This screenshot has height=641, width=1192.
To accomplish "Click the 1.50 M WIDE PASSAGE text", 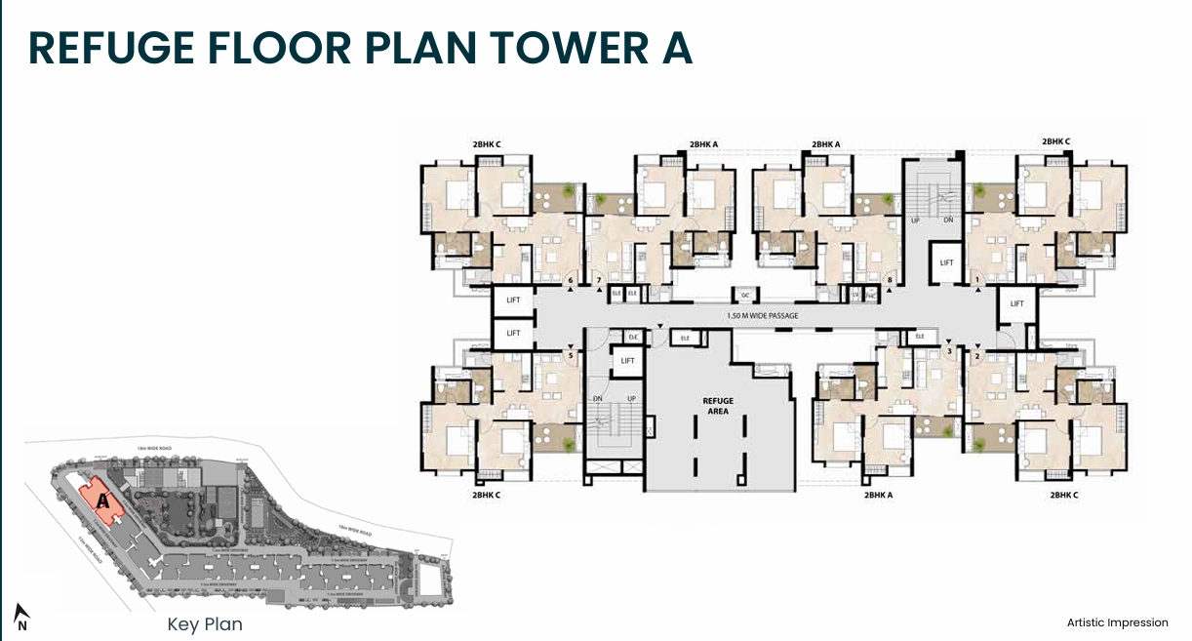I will pyautogui.click(x=762, y=316).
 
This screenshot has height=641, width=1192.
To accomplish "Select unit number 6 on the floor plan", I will pyautogui.click(x=570, y=281).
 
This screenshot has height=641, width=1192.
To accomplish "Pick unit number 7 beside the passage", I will pyautogui.click(x=598, y=281).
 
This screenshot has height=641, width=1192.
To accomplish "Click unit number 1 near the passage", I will pyautogui.click(x=976, y=281).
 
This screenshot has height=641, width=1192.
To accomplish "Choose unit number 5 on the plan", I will pyautogui.click(x=570, y=355).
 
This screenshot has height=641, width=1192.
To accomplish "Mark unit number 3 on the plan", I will pyautogui.click(x=949, y=351).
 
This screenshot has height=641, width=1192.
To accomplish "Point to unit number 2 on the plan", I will pyautogui.click(x=976, y=355).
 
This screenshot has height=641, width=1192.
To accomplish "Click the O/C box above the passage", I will pyautogui.click(x=744, y=294).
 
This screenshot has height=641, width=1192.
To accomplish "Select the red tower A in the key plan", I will pyautogui.click(x=101, y=500).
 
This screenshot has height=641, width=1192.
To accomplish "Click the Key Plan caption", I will pyautogui.click(x=205, y=624).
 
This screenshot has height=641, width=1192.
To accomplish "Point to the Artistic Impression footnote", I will pyautogui.click(x=1117, y=622).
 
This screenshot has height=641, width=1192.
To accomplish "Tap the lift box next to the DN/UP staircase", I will pyautogui.click(x=627, y=362).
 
